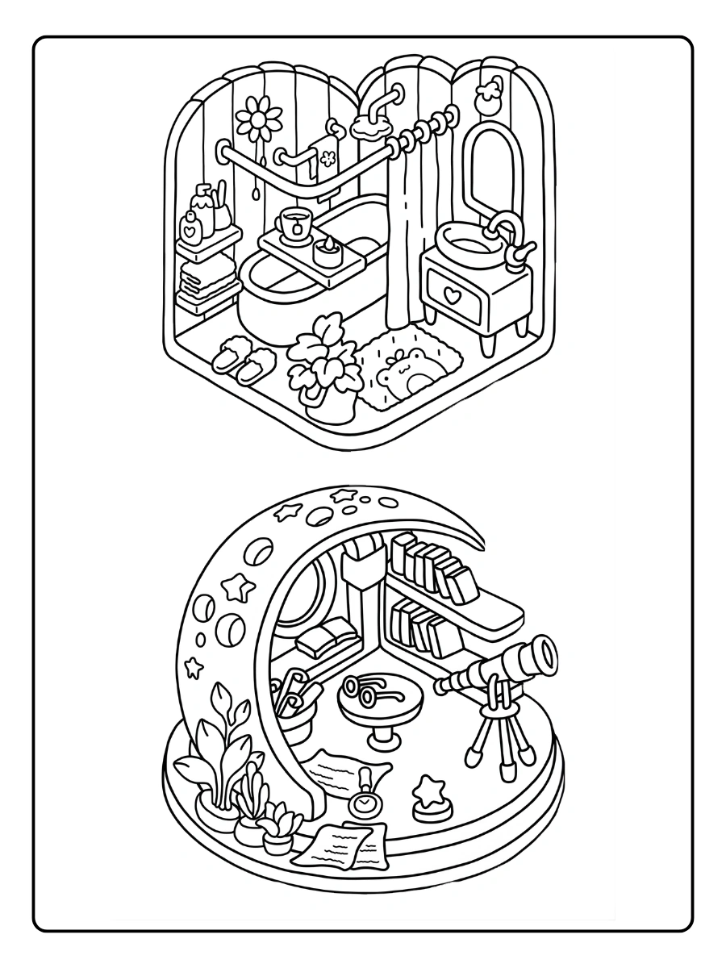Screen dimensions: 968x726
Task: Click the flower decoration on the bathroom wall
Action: click(x=259, y=118)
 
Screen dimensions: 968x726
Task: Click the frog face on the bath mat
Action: click(x=405, y=373)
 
